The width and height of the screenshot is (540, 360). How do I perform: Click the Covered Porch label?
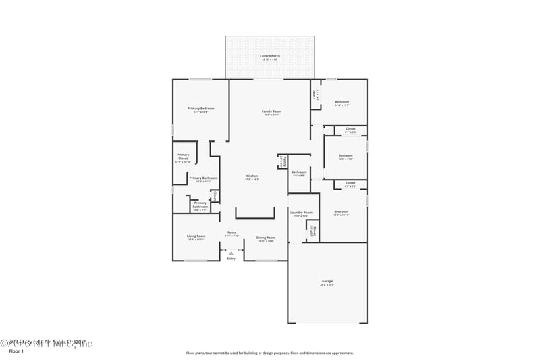pyautogui.click(x=270, y=56)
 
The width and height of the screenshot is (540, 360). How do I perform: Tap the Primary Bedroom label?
pyautogui.click(x=201, y=108)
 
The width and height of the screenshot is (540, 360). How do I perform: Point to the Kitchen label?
pyautogui.click(x=252, y=176)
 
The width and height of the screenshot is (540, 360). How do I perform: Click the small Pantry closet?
pyautogui.click(x=283, y=161)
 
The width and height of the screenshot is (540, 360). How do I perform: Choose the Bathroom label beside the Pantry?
pyautogui.click(x=299, y=172)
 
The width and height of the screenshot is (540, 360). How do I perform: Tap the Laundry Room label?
pyautogui.click(x=301, y=213)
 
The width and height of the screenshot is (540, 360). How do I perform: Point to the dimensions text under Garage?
pyautogui.click(x=327, y=285)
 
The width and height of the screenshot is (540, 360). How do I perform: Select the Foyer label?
pyautogui.click(x=232, y=232)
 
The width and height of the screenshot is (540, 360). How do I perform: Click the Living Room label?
pyautogui.click(x=196, y=236)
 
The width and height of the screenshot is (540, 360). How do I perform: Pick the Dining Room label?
pyautogui.click(x=265, y=238)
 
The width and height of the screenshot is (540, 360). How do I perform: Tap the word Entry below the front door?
pyautogui.click(x=232, y=259)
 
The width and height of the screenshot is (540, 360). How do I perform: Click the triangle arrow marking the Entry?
pyautogui.click(x=232, y=253)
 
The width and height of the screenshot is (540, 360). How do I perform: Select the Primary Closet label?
pyautogui.click(x=183, y=157)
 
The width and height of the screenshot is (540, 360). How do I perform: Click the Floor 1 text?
pyautogui.click(x=16, y=352)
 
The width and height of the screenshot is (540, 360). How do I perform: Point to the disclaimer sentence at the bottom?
pyautogui.click(x=269, y=353)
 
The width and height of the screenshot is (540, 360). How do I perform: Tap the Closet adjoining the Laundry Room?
pyautogui.click(x=313, y=230)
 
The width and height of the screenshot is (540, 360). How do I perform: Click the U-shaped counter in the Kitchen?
pyautogui.click(x=254, y=217)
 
